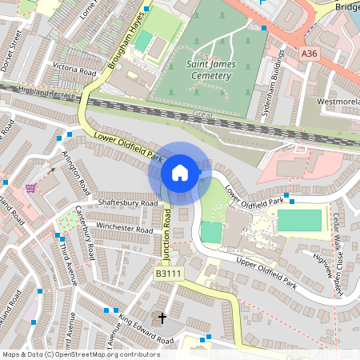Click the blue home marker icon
[180, 172]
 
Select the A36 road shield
[310, 53]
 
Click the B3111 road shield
[169, 274]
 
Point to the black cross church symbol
[162, 318]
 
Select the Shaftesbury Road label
[127, 203]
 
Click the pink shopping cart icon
[30, 188]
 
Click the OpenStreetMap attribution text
[80, 354]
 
